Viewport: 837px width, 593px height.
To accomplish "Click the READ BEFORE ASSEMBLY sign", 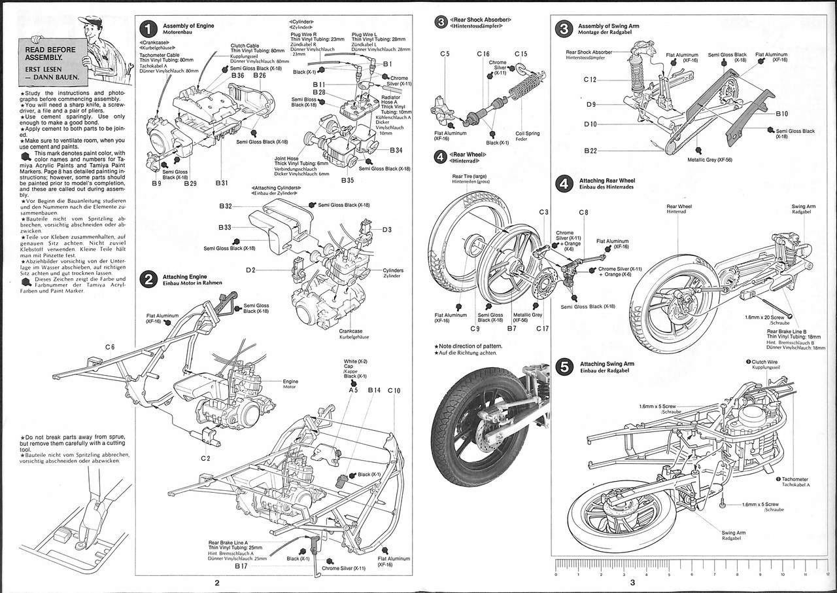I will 50,62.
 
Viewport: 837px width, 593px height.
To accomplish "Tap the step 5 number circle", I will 564,367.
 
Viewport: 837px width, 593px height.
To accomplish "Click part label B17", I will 241,566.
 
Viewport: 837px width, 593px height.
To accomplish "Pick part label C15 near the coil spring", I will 521,54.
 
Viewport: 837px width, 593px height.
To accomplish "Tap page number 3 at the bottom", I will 632,583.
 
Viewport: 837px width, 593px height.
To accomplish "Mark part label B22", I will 590,151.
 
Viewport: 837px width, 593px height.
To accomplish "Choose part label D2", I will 251,270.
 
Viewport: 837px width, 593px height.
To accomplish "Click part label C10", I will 394,390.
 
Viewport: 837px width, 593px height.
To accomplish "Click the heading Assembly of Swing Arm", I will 608,26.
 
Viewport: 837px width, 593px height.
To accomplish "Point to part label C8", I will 583,212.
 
